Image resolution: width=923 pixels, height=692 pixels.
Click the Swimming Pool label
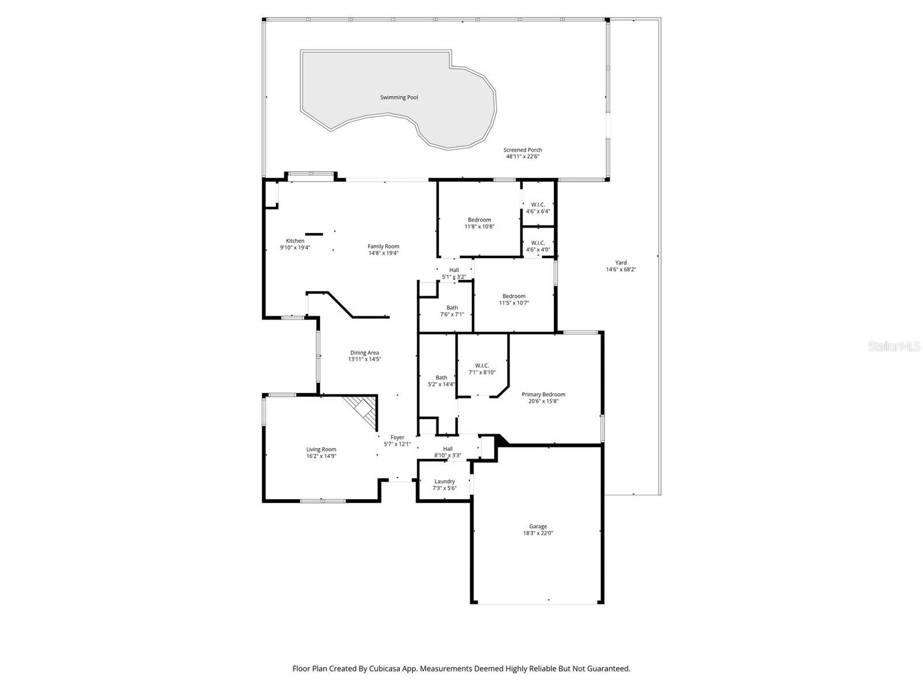tap(399, 97)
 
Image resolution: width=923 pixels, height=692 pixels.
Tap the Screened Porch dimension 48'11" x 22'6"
tap(522, 156)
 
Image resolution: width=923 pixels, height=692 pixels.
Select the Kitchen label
tap(295, 241)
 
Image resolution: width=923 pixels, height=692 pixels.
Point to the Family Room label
tap(383, 246)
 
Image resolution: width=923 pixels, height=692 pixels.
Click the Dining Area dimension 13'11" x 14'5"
tap(365, 359)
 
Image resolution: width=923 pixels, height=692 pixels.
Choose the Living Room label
tap(321, 449)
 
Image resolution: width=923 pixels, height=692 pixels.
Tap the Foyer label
tap(397, 437)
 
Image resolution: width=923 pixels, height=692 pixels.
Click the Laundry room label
tap(444, 482)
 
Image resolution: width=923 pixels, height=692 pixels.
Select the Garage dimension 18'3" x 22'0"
tap(538, 533)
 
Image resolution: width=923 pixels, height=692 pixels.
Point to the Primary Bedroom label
tap(543, 394)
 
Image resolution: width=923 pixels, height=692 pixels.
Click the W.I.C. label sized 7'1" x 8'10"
tap(482, 366)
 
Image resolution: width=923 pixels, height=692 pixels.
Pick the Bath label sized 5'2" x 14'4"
tap(441, 378)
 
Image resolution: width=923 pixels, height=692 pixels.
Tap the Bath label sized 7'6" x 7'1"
tap(452, 307)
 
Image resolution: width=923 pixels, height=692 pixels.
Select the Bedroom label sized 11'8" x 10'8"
tap(479, 220)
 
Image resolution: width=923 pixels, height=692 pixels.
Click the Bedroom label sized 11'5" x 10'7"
tap(513, 296)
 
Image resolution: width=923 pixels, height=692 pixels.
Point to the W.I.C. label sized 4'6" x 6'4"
tap(538, 204)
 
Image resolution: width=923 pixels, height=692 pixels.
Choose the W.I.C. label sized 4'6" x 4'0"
tap(538, 243)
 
